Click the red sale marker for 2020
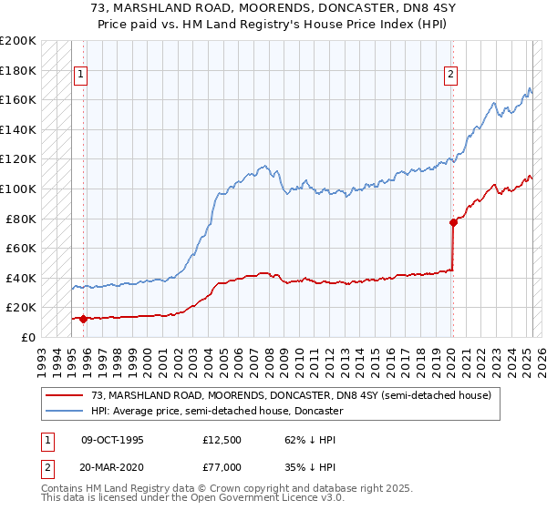[x=453, y=222]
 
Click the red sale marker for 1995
[x=83, y=319]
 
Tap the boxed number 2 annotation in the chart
[x=451, y=76]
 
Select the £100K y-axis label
[x=18, y=189]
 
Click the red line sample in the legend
[x=64, y=395]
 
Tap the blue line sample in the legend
[x=64, y=411]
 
